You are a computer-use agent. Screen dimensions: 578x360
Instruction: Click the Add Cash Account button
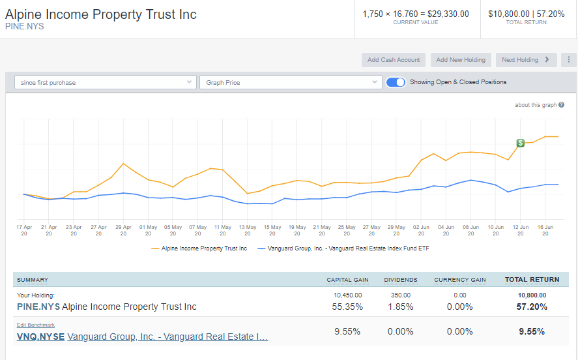(x=394, y=60)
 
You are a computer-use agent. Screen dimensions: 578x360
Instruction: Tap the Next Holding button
(x=526, y=60)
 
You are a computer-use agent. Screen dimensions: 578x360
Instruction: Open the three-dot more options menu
(x=569, y=60)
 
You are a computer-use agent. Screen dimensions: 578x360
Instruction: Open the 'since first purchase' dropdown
(x=106, y=82)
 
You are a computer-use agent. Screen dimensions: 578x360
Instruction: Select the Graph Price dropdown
(x=291, y=82)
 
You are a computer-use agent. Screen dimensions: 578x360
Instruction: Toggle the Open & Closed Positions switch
(x=396, y=82)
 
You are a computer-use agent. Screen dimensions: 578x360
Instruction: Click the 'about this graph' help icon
(x=562, y=105)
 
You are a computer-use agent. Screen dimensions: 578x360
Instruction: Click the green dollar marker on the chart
(x=520, y=143)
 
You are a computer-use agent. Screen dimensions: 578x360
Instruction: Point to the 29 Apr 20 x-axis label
(x=123, y=230)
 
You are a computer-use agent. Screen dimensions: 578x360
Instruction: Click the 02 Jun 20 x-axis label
(x=421, y=230)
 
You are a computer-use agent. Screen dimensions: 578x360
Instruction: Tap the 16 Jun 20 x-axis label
(x=545, y=230)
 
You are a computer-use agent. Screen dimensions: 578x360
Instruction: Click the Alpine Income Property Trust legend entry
(x=199, y=248)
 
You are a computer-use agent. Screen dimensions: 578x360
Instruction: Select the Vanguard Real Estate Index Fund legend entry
(x=343, y=248)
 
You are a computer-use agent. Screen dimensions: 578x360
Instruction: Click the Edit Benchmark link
(x=36, y=325)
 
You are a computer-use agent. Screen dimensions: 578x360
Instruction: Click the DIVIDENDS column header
(x=401, y=280)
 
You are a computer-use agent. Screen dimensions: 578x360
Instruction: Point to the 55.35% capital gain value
(x=347, y=307)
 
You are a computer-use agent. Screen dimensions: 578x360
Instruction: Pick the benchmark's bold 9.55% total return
(x=532, y=331)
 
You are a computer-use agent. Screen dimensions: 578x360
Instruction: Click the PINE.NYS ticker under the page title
(x=24, y=27)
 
